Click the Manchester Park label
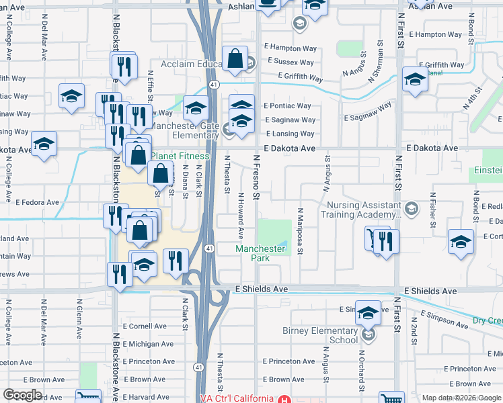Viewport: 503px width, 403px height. point(262,253)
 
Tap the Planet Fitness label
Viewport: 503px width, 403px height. point(180,156)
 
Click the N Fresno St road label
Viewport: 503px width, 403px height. point(256,177)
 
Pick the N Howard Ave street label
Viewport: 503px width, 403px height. point(240,216)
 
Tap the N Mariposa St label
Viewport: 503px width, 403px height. point(301,231)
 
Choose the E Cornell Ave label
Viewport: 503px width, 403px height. point(144,326)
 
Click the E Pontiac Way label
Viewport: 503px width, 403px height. point(287,106)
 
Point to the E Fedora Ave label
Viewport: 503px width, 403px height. point(38,201)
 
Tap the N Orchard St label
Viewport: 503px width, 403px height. point(361,371)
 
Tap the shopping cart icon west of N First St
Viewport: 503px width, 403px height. point(372,238)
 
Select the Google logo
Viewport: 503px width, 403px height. point(23,395)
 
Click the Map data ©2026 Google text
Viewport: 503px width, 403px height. point(461,398)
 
